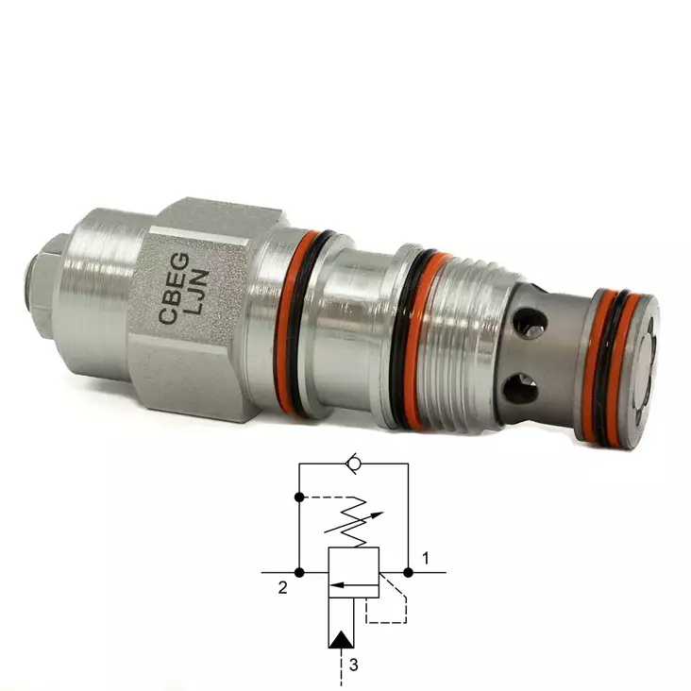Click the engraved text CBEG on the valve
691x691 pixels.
(174, 288)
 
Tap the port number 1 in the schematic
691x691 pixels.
(426, 559)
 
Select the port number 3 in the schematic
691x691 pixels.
(353, 665)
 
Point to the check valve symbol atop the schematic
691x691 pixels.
(352, 463)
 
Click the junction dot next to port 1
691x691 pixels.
(408, 572)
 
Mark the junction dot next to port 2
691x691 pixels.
(299, 572)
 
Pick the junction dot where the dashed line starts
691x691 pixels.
(299, 497)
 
